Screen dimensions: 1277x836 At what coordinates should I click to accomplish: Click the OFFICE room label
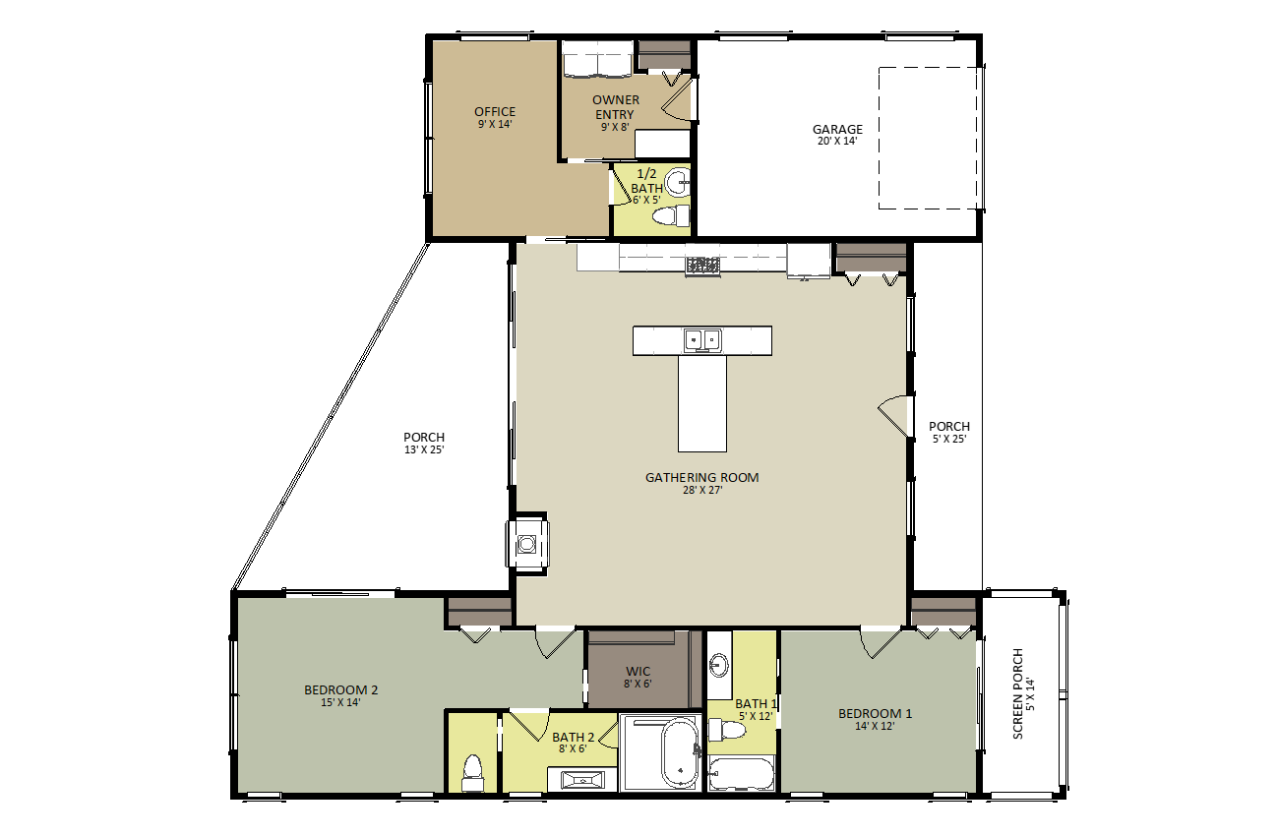tap(495, 112)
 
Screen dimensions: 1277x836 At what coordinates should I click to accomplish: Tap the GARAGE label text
tap(837, 130)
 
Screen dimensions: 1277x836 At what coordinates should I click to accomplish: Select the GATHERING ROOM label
tap(701, 478)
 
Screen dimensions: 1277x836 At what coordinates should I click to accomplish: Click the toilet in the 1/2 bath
tap(671, 216)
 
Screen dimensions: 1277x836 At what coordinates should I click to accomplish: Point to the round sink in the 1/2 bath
tap(679, 182)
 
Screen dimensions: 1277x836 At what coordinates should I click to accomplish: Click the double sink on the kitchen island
tap(702, 340)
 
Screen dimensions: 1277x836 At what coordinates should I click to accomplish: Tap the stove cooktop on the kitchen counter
tap(702, 266)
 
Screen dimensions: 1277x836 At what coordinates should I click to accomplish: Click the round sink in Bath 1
tap(718, 665)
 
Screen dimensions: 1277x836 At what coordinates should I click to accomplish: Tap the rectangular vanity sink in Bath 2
tap(582, 780)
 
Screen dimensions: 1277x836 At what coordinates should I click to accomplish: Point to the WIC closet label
tap(638, 672)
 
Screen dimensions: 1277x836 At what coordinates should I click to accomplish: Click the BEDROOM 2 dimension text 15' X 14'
tap(340, 702)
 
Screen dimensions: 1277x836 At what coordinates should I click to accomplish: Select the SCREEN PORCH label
tap(1018, 693)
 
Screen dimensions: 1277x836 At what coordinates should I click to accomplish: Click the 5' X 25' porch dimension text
tap(949, 439)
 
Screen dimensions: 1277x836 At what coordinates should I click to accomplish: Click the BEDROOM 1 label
tap(875, 713)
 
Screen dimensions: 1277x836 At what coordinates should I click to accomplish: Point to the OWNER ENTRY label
tap(616, 107)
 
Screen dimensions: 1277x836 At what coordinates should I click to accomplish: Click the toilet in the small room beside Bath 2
tap(472, 773)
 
